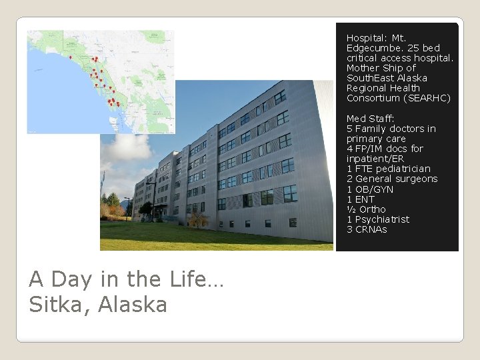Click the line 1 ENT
361,199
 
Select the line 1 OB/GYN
370,189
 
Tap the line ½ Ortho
366,209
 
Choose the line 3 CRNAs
367,229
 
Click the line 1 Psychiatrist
378,219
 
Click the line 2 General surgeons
392,179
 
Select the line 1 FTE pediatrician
389,169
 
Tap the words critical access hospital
399,58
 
